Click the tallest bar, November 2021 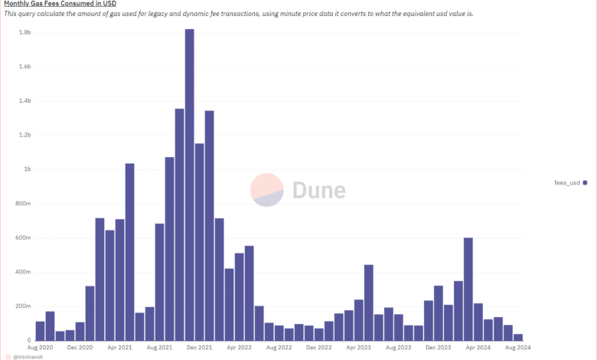189,184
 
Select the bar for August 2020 40,331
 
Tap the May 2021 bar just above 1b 130,252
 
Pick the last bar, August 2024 518,337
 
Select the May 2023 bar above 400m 369,303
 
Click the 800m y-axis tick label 23,203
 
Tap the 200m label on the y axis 23,306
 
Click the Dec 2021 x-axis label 199,348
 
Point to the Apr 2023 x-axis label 358,348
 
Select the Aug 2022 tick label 279,348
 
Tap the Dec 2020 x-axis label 80,348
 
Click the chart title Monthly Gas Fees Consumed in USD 60,4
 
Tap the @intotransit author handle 29,356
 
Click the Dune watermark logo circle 268,190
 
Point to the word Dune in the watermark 318,190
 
